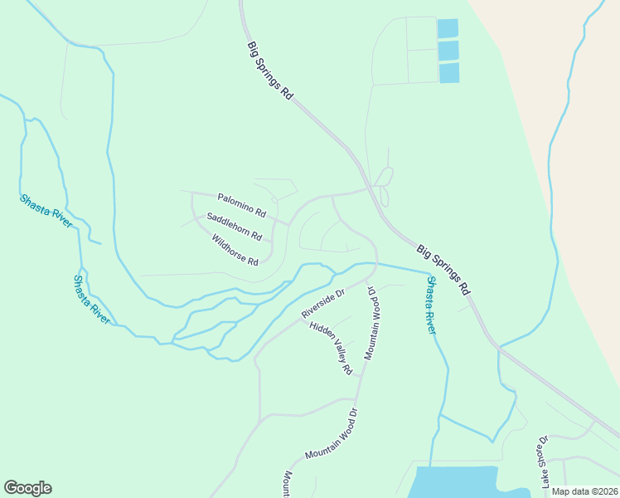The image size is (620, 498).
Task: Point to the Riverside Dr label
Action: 322,304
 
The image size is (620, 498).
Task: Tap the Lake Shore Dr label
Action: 545,461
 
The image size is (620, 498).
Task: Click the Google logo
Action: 27,488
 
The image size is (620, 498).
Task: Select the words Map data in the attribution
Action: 569,491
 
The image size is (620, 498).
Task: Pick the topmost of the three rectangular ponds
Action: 448,28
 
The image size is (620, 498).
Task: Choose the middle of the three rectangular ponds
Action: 448,51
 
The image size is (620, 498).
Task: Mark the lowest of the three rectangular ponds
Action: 448,73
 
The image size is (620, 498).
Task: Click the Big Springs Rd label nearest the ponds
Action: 270,71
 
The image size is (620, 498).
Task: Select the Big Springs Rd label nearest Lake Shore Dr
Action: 443,270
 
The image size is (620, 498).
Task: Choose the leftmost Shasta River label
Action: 46,211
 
